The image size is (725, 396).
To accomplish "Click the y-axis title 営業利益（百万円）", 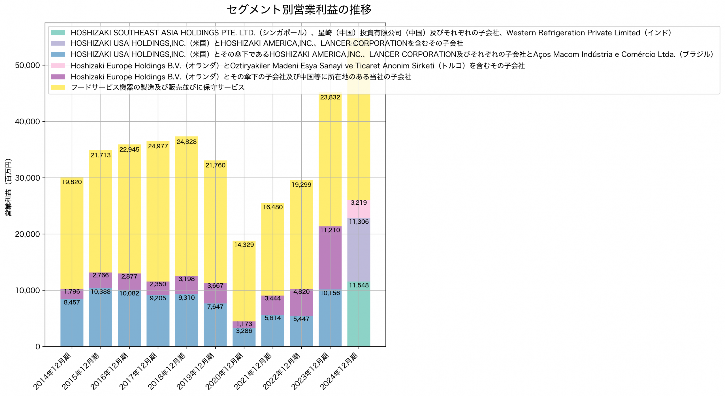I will click(x=8, y=187).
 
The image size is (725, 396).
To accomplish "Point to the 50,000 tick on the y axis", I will click(x=27, y=65).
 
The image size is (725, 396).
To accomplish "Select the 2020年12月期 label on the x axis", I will click(x=224, y=371).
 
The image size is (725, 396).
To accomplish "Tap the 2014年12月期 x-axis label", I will click(x=52, y=371).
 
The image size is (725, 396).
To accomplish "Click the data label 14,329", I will click(x=244, y=245).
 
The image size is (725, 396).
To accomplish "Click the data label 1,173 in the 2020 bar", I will click(x=244, y=324).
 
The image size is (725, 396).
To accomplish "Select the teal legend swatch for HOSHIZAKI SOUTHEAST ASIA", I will click(x=58, y=33).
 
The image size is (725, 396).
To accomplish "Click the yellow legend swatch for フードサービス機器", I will click(x=58, y=87).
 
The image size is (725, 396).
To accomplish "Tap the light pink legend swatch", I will click(x=58, y=66).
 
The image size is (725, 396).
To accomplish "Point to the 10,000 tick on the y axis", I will click(x=27, y=290).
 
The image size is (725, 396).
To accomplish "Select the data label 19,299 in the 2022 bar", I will click(x=301, y=185).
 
